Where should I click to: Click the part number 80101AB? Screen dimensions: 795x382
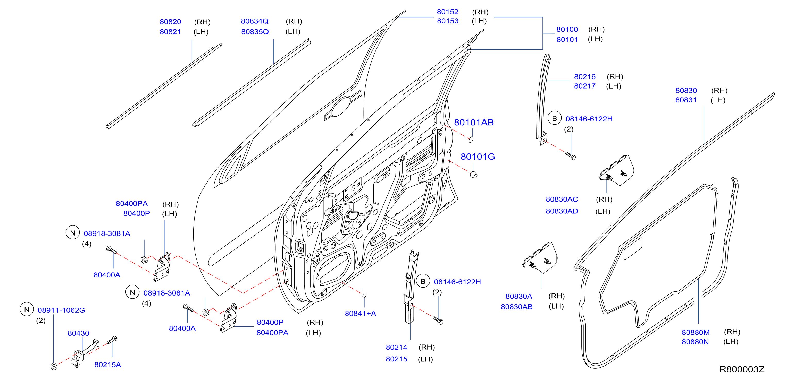click(x=474, y=123)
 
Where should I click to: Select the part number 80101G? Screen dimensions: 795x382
click(x=478, y=157)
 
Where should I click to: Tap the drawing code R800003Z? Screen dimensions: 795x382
click(x=742, y=369)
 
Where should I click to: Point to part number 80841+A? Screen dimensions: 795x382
click(x=360, y=313)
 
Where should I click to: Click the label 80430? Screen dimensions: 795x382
click(x=78, y=333)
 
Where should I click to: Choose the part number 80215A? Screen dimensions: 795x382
click(x=107, y=365)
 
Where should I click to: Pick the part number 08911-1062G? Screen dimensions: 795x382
click(x=61, y=310)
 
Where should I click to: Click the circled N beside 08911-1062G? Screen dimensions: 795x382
click(x=27, y=310)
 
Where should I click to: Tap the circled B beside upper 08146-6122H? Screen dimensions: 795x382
click(x=554, y=118)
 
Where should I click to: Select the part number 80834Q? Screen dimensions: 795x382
click(x=255, y=21)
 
